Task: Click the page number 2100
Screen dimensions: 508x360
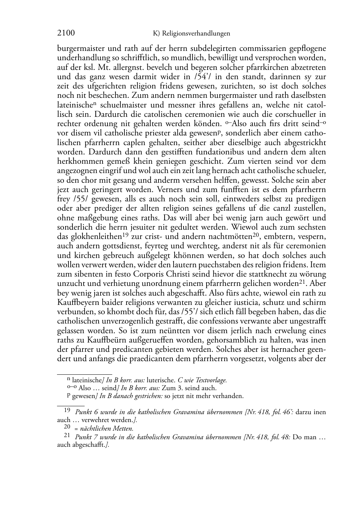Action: tap(66, 33)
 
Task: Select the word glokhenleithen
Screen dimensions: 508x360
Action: tap(90, 237)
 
